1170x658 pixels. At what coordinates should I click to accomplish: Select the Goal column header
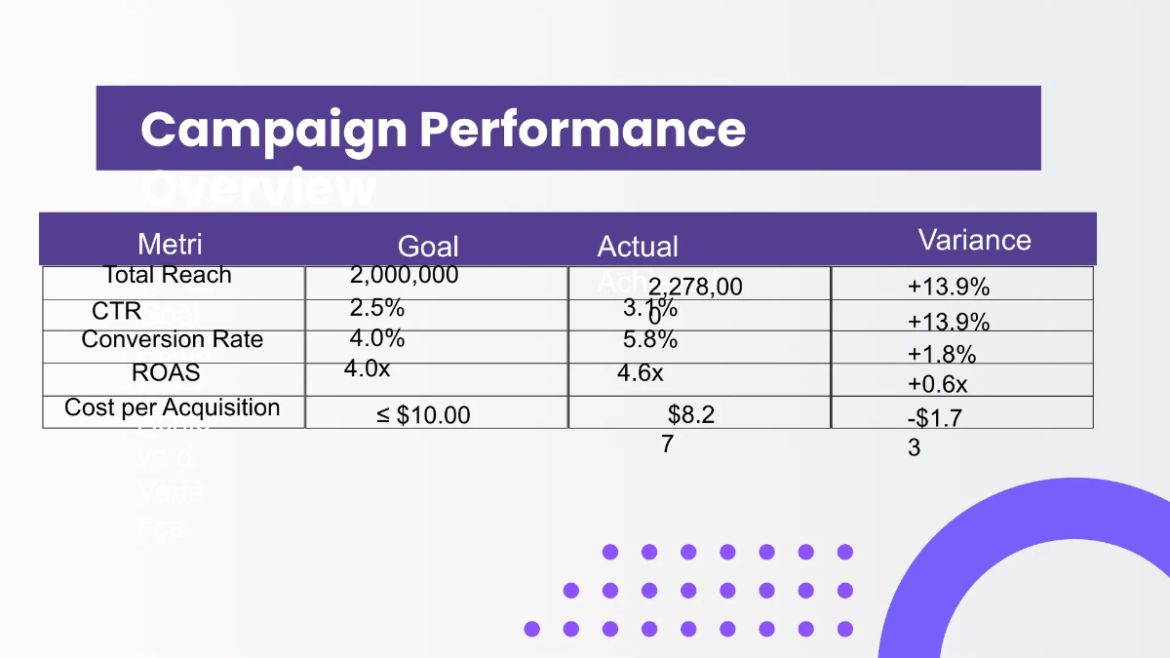click(x=428, y=247)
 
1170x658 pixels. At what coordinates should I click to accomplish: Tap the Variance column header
click(x=974, y=240)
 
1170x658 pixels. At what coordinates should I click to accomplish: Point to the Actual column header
click(x=638, y=247)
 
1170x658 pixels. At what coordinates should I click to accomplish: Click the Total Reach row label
click(x=168, y=275)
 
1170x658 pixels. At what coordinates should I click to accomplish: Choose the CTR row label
click(x=117, y=312)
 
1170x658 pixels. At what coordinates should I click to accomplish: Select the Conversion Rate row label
click(x=173, y=339)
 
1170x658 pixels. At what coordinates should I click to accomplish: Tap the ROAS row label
click(x=166, y=372)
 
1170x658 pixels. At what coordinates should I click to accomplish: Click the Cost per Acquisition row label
click(x=173, y=407)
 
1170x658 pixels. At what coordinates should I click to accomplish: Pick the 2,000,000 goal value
click(x=404, y=275)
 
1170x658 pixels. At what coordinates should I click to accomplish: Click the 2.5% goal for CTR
click(x=377, y=308)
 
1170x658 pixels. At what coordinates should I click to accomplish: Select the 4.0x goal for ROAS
click(x=368, y=368)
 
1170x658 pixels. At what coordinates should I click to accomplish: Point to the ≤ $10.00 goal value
click(x=423, y=415)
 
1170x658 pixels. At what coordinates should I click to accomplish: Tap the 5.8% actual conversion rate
click(x=650, y=340)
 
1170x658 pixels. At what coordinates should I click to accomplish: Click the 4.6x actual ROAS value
click(x=641, y=372)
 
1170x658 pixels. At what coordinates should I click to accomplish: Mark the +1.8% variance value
click(x=942, y=353)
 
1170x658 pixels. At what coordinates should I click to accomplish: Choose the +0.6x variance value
click(x=938, y=384)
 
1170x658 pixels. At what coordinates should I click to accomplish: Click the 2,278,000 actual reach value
click(x=694, y=288)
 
